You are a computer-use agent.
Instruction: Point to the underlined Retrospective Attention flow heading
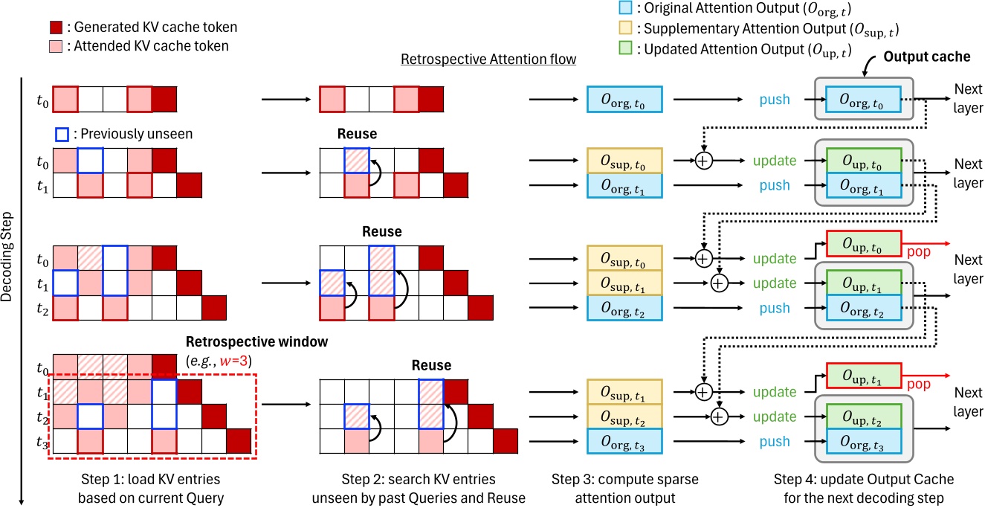coord(488,59)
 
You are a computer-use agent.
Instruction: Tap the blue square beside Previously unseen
coord(62,136)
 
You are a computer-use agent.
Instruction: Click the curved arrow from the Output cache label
coord(867,70)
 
